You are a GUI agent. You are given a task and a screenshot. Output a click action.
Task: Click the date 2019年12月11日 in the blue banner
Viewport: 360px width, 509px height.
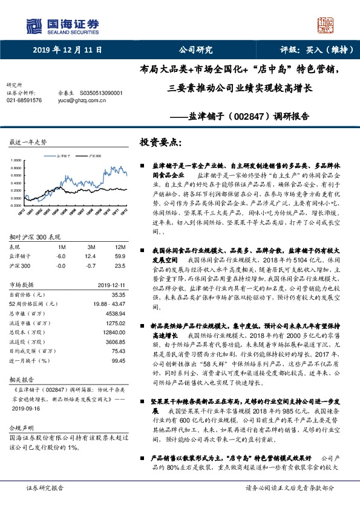(68, 51)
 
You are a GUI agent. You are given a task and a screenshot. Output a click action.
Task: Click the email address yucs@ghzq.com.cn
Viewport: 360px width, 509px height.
(82, 100)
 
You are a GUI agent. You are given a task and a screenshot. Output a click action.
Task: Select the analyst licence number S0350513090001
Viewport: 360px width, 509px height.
(101, 93)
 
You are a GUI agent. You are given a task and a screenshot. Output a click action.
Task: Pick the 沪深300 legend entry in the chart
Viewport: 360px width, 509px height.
(94, 155)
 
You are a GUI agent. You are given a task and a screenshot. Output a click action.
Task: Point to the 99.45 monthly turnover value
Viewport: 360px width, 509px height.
(117, 360)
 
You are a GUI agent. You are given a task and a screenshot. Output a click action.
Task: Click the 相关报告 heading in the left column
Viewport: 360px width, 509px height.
(21, 379)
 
